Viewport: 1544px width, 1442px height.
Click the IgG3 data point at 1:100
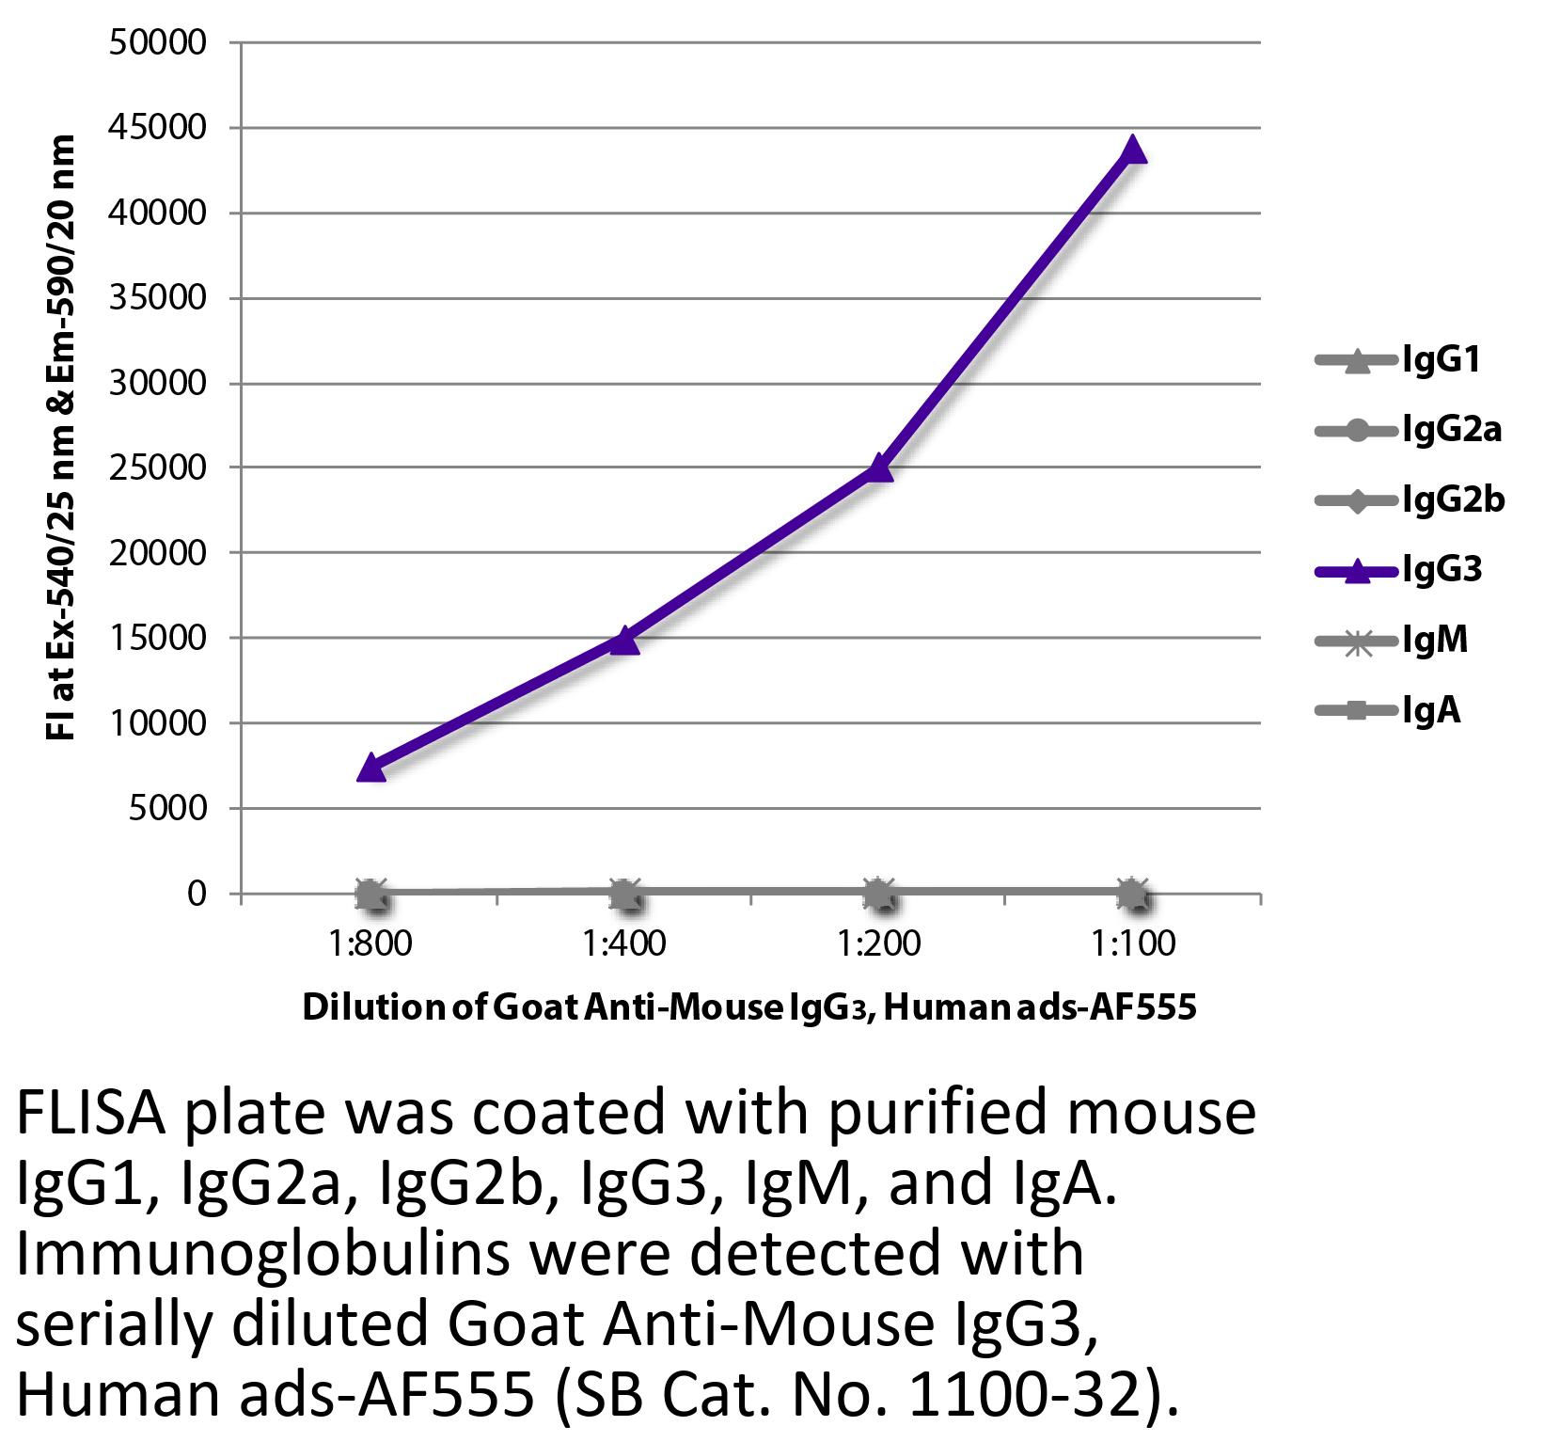[1133, 150]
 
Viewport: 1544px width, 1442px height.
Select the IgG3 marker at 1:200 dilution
[878, 467]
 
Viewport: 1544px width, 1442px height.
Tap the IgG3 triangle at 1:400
[623, 642]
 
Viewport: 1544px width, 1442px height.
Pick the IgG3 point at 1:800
[370, 768]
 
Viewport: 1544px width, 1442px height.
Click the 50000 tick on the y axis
[157, 43]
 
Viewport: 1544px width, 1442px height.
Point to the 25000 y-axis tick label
[157, 468]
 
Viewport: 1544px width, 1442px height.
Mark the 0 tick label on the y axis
[196, 894]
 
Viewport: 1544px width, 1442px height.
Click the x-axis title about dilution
[748, 1007]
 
